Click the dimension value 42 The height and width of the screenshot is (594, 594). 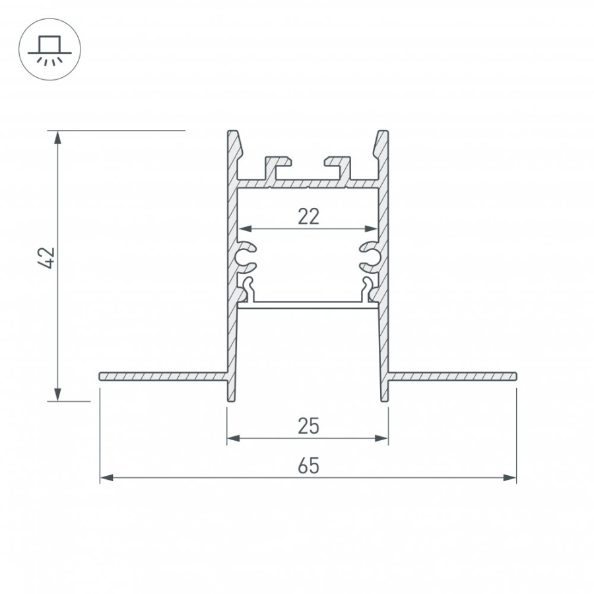point(47,259)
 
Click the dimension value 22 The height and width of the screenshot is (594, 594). point(308,216)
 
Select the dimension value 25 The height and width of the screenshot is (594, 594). point(308,426)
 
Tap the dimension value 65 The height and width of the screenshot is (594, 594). point(308,466)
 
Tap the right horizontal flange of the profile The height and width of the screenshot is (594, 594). point(452,376)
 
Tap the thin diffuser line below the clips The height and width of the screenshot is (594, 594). point(308,304)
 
